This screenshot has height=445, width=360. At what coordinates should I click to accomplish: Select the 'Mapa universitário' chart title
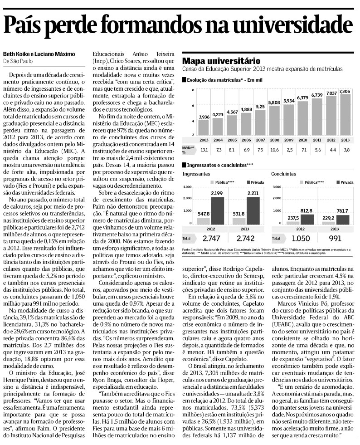coord(221,60)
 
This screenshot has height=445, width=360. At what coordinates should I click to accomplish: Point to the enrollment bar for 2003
coord(204,127)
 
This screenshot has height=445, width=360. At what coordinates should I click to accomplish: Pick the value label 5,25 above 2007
coord(260,106)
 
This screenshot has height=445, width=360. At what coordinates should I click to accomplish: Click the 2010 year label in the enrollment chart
coord(302,140)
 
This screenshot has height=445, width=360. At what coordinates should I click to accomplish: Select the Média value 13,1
coord(204,149)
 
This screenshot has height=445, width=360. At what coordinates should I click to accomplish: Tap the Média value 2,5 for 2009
coord(288,149)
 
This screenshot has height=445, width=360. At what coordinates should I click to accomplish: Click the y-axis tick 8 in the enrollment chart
coord(193,90)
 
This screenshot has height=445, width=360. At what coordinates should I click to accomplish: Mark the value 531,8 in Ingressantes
coord(238,214)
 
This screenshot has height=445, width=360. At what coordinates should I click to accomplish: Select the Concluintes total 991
coord(335,238)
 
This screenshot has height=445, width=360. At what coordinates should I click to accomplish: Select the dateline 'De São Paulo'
coord(18,61)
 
